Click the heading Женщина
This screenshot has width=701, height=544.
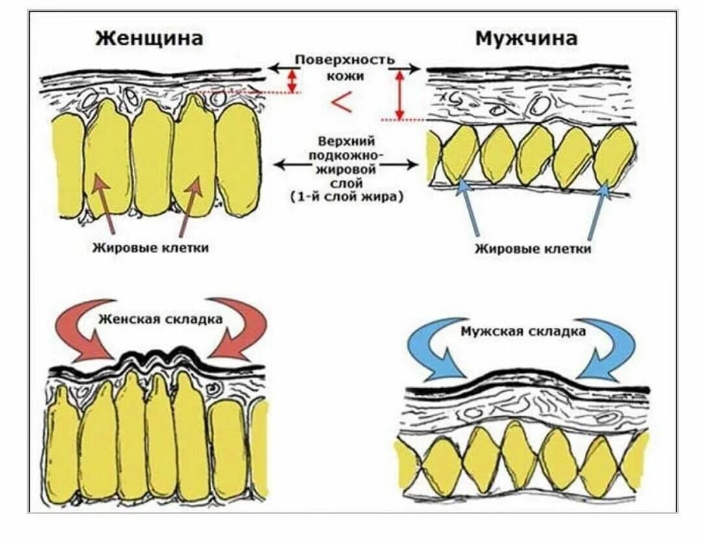click(149, 38)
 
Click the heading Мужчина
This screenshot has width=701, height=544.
click(526, 38)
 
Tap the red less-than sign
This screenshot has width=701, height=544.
click(341, 102)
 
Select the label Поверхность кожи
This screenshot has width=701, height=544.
click(345, 67)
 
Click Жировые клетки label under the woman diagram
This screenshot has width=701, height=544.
click(150, 248)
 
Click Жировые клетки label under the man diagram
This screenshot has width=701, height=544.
click(532, 248)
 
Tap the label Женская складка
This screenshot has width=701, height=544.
click(161, 319)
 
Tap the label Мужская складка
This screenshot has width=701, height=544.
click(523, 331)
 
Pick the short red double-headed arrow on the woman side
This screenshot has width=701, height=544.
click(293, 81)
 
